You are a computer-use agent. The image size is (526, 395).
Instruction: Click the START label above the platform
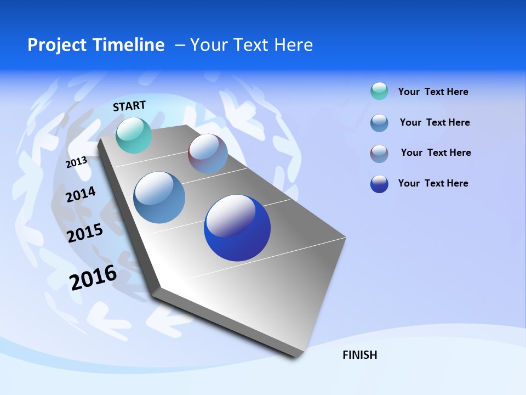pos(129,106)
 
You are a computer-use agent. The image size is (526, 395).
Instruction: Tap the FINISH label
pos(359,355)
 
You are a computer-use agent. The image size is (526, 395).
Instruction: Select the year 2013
pos(76,162)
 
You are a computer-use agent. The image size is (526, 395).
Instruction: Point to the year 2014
pos(81,195)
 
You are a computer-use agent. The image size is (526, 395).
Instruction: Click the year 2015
pos(84,233)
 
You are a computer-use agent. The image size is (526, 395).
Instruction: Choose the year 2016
pos(93,277)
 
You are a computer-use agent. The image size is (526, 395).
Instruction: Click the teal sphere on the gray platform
pos(134,136)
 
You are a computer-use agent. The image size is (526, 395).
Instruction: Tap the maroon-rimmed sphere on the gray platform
pos(208,154)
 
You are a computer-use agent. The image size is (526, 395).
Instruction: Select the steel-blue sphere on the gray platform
pos(159,198)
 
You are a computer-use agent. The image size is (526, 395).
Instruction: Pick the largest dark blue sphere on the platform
pos(237,228)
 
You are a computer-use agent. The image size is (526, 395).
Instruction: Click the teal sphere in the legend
pos(379,92)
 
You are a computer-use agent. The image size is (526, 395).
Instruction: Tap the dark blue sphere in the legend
pos(379,184)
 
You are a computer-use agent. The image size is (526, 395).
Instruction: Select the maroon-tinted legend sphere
pos(379,154)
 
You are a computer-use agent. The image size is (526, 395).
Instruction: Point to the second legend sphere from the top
pos(379,123)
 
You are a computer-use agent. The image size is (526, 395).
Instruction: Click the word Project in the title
pos(58,45)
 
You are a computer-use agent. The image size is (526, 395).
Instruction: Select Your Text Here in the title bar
pos(251,45)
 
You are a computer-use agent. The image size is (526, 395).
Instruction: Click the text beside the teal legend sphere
pos(433,92)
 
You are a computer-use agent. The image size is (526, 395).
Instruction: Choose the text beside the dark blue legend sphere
pos(433,183)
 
